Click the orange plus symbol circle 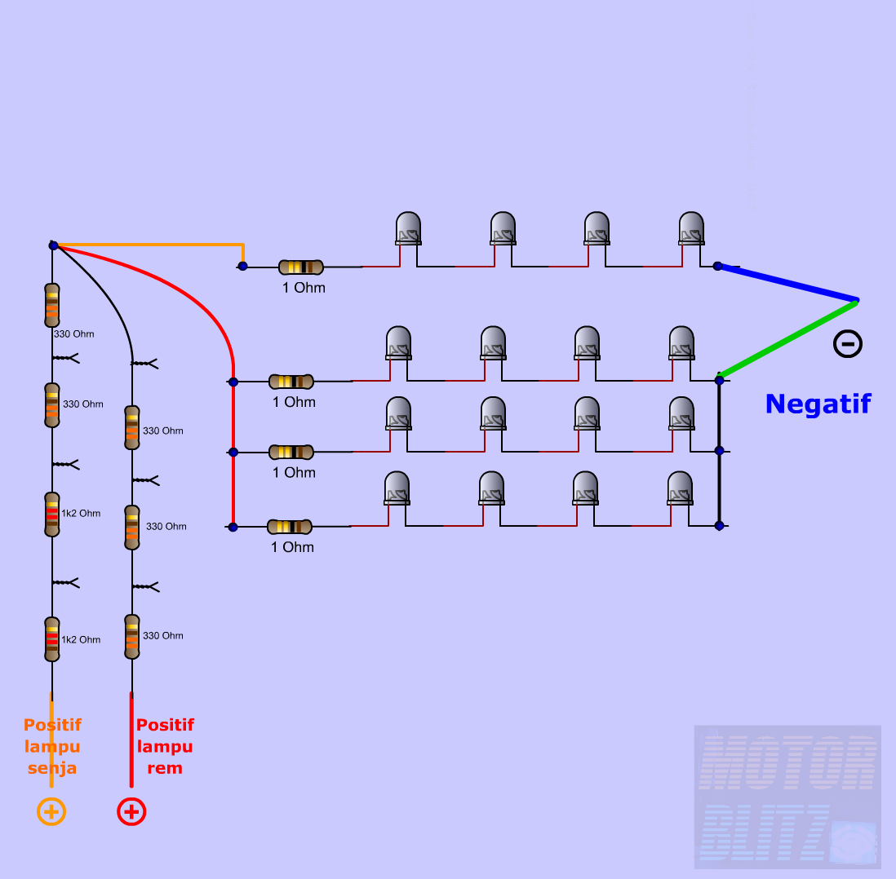pos(51,811)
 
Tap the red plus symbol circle pos(131,811)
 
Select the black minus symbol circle pos(847,344)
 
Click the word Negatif pos(818,404)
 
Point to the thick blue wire pos(787,283)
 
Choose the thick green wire pos(788,339)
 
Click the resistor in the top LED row pos(300,267)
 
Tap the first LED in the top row pos(408,228)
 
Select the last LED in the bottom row pos(681,488)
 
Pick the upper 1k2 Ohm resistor pos(52,514)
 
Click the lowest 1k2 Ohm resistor pos(52,639)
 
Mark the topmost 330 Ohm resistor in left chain pos(52,304)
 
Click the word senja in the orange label pos(52,768)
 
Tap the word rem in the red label pos(164,768)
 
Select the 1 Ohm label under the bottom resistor pos(292,547)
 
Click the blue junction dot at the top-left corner pos(53,245)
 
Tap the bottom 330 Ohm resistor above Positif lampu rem pos(132,636)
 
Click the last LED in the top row pos(691,228)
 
